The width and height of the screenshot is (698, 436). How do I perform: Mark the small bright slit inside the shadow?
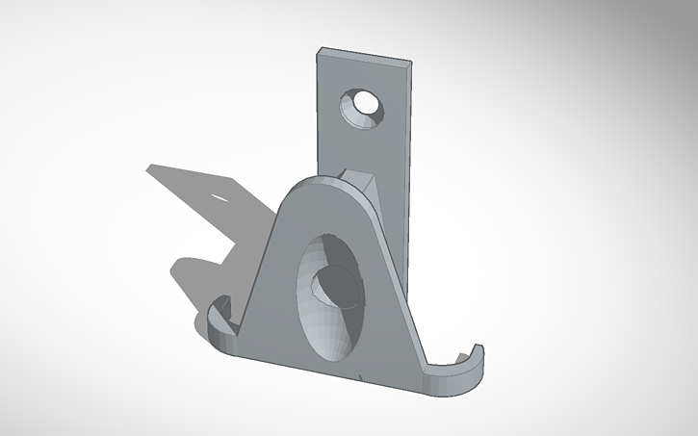click(x=222, y=196)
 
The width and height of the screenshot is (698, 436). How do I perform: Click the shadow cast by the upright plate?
click(x=193, y=188)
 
